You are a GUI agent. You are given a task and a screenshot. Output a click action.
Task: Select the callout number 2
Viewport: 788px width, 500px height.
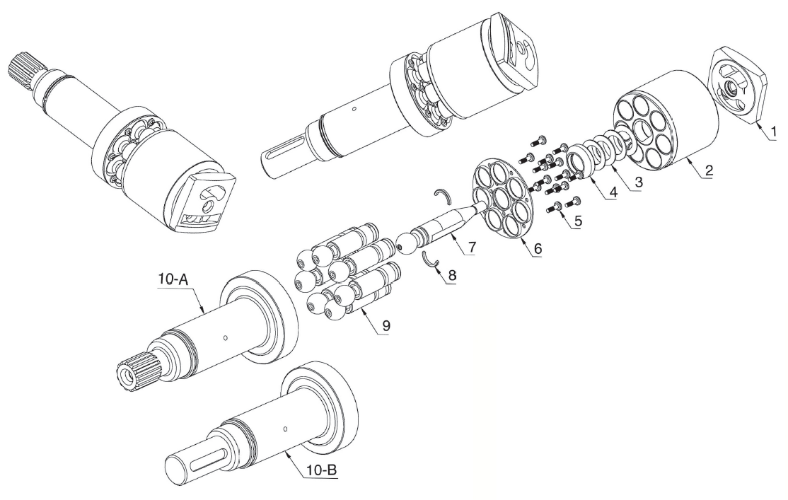tap(708, 170)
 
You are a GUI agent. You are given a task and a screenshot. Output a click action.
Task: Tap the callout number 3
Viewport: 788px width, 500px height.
tap(638, 182)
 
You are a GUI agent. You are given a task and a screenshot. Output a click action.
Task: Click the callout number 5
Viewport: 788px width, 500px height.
tap(578, 221)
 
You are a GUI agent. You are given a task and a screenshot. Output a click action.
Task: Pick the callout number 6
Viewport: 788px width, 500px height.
tap(538, 248)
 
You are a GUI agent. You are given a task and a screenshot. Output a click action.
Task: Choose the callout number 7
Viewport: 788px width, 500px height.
tap(471, 247)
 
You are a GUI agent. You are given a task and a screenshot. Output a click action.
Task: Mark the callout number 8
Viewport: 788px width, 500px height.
tap(452, 275)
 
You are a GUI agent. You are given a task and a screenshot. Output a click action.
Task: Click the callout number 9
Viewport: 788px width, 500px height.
tap(386, 325)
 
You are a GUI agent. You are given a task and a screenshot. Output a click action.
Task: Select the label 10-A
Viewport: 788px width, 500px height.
tap(173, 280)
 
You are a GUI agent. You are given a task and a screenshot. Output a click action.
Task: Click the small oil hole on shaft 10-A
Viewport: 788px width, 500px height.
tap(226, 337)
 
